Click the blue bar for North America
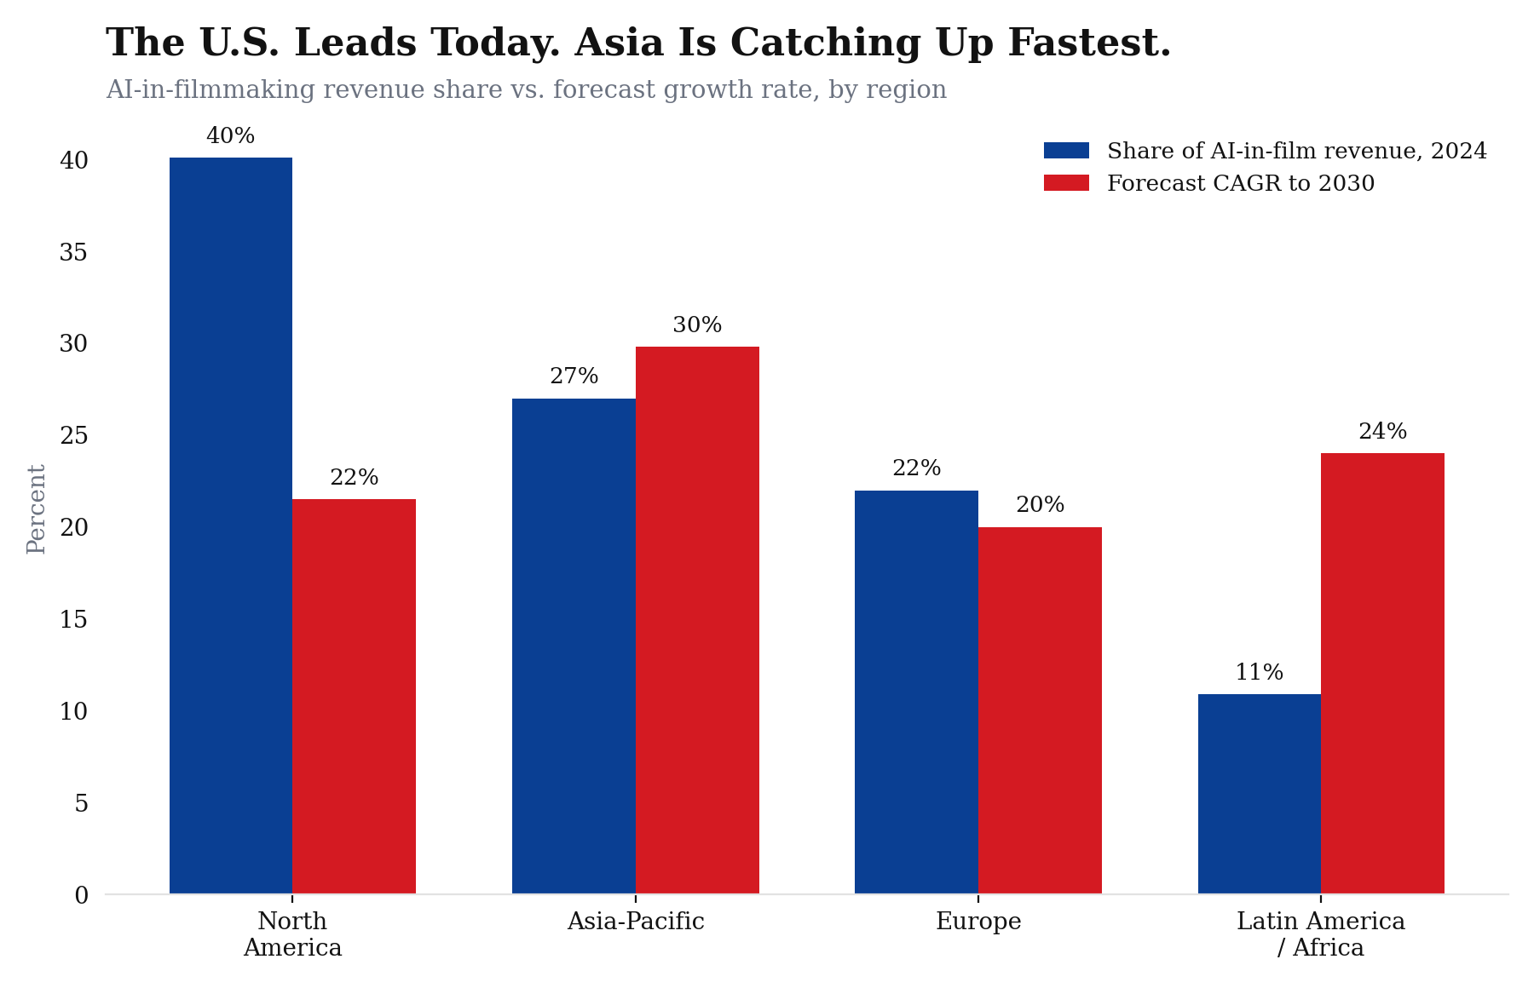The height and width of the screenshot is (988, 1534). (x=231, y=526)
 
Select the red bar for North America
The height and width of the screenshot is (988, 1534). (x=355, y=696)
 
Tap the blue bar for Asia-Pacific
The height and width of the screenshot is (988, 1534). (x=574, y=646)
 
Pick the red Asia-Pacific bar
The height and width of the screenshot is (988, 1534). (x=697, y=620)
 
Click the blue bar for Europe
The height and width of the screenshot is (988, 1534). (x=917, y=692)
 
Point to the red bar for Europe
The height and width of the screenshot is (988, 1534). (x=1040, y=710)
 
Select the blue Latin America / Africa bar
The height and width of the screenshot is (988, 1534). (x=1260, y=794)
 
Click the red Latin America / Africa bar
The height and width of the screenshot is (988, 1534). (x=1382, y=673)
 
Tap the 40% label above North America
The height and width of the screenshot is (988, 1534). (x=231, y=136)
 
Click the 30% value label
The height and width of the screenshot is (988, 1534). (x=697, y=325)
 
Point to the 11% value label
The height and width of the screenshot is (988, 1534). (x=1260, y=673)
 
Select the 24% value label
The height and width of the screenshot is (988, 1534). (x=1382, y=432)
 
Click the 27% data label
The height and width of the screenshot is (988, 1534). (x=574, y=376)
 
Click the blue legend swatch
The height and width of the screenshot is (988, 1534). (x=1066, y=151)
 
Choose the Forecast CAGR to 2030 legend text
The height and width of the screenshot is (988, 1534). (x=1241, y=184)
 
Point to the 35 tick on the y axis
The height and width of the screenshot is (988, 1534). (x=74, y=252)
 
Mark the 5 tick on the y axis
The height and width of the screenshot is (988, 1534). (x=82, y=803)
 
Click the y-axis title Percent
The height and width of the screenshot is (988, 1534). (x=37, y=509)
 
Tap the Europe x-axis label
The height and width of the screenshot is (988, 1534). (x=978, y=922)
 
